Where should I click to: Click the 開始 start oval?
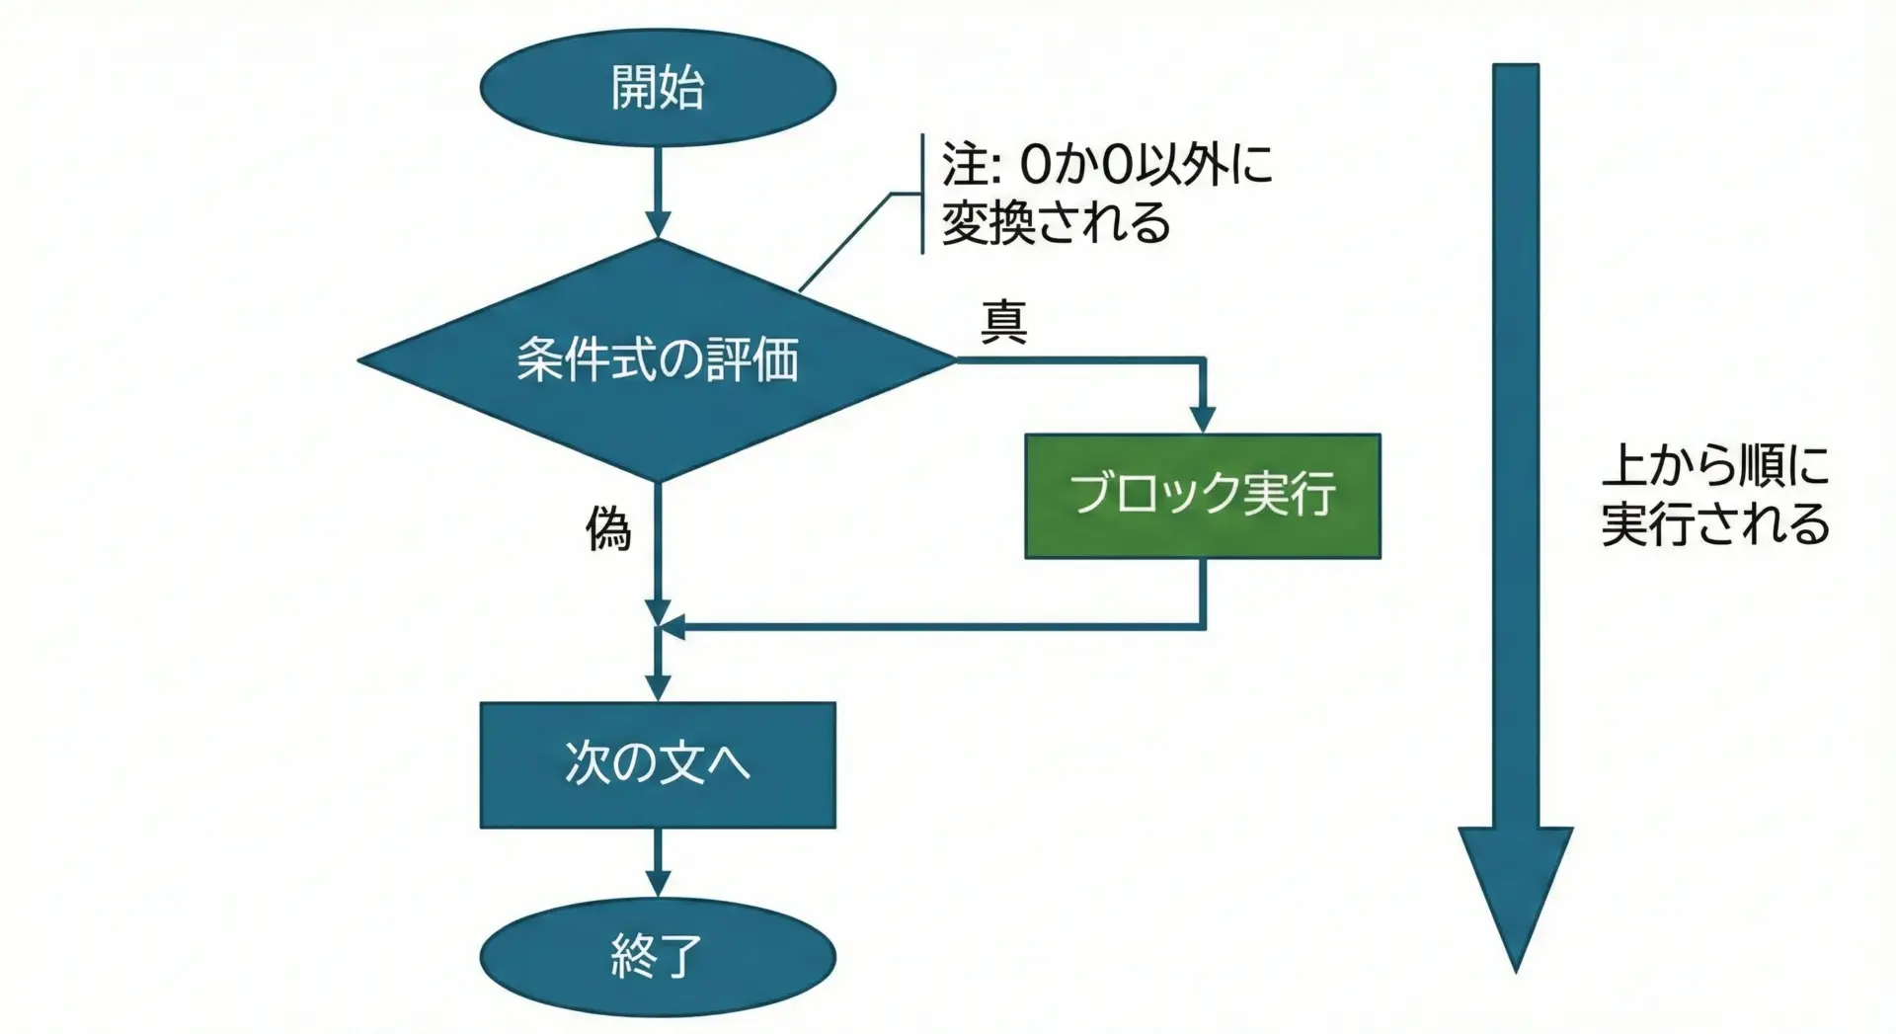point(658,87)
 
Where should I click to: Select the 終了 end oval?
point(658,956)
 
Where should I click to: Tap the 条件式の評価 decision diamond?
point(658,359)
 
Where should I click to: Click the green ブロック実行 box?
point(1202,496)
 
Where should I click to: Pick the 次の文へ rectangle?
point(658,764)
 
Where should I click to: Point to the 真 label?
point(1003,322)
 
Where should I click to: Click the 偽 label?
point(608,529)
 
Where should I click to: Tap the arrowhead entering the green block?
point(1202,419)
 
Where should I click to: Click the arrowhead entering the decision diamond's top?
point(658,224)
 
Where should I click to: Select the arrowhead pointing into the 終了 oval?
point(658,883)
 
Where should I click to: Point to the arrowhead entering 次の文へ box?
point(658,687)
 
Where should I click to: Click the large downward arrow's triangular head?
point(1515,889)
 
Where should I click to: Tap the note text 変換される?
point(1055,222)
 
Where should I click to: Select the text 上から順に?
point(1715,464)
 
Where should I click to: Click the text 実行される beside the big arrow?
point(1715,523)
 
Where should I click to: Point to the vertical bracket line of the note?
point(922,195)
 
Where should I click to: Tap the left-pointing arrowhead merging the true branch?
point(671,626)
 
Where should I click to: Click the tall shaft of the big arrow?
point(1515,444)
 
